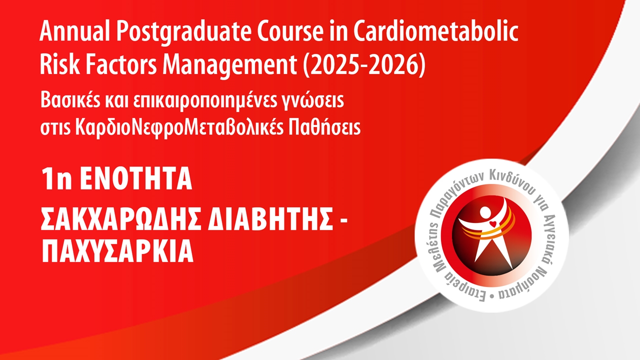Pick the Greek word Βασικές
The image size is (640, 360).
70,100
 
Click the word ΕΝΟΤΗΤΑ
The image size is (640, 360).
136,179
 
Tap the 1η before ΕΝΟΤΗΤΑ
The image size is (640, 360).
56,179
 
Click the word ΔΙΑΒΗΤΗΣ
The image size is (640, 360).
270,219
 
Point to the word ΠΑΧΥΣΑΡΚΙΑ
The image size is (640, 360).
117,251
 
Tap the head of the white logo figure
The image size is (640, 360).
485,212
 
